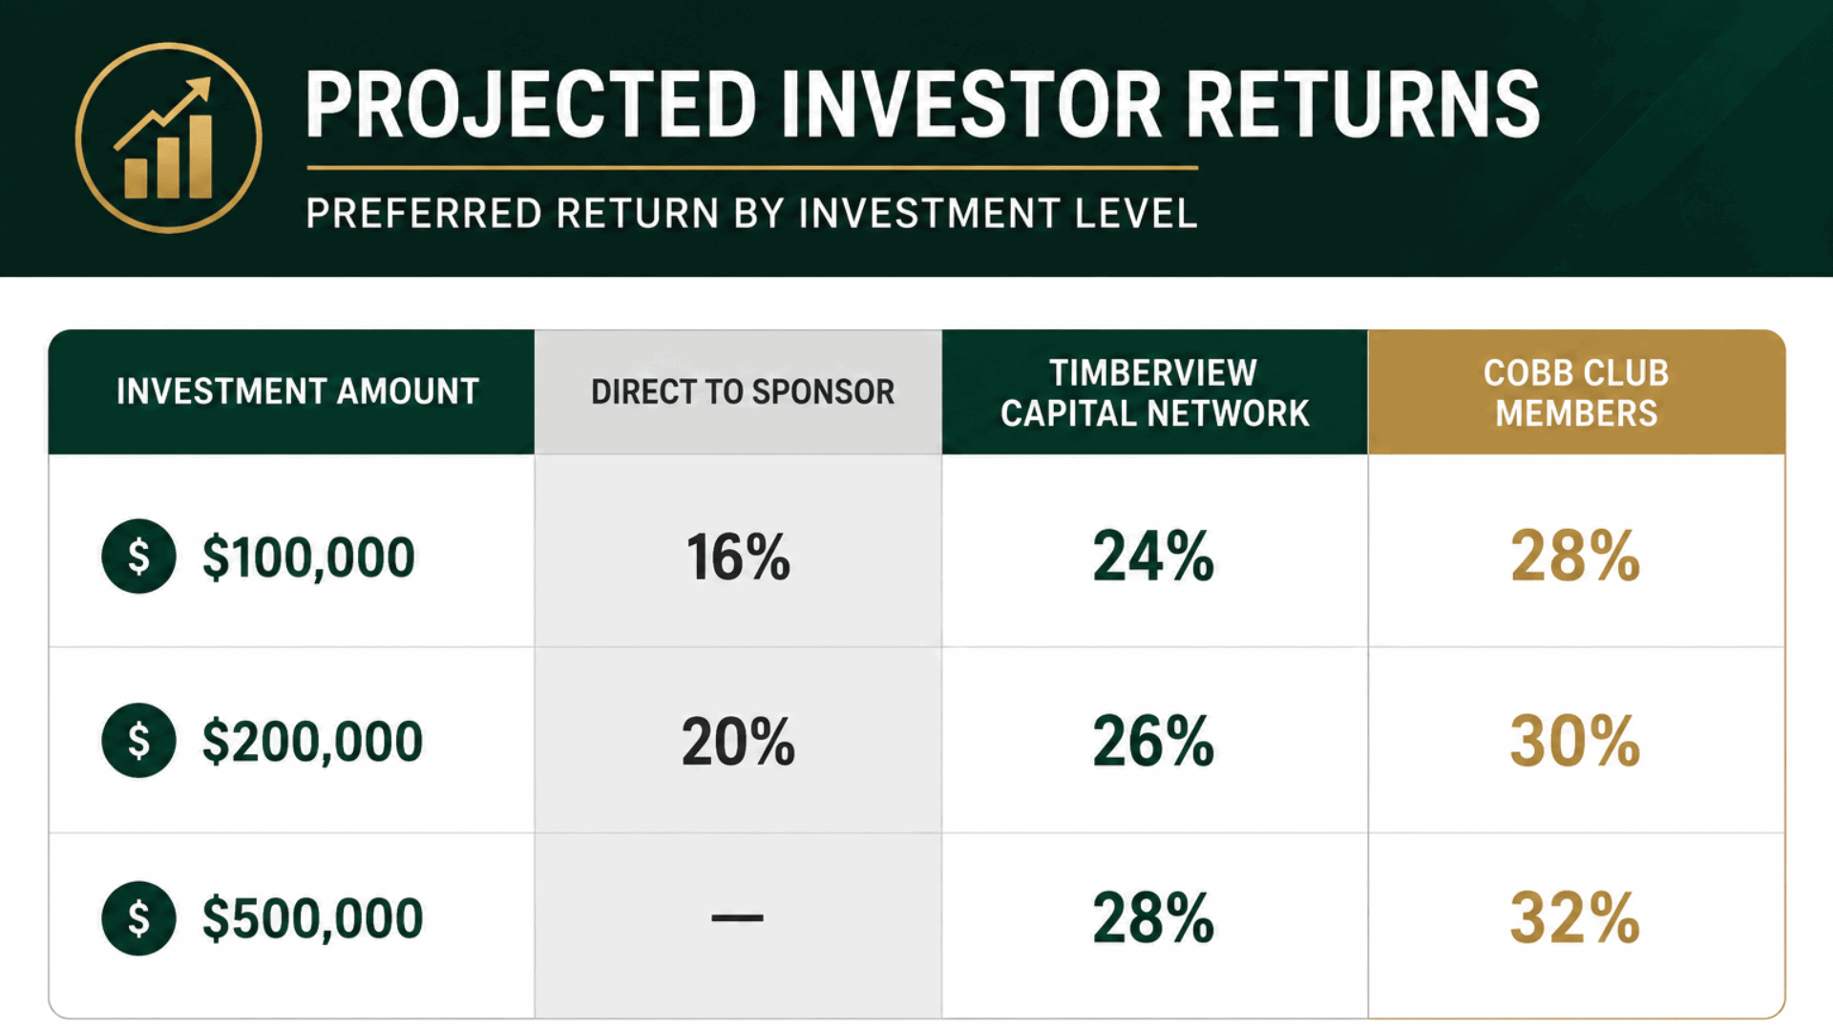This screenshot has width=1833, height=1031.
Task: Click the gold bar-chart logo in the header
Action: point(168,137)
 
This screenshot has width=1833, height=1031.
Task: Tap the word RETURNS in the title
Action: point(1363,105)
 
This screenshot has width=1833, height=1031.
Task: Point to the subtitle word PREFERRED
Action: point(424,213)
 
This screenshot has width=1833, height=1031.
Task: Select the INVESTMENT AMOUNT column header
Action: point(297,391)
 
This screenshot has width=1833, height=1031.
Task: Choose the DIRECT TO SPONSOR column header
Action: point(743,391)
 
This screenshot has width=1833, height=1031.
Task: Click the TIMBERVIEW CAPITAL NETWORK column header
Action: point(1154,392)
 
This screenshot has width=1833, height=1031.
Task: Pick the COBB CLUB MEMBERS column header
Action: point(1576,392)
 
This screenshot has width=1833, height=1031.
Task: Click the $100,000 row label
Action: point(307,558)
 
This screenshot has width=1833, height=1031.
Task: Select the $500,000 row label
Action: point(312,918)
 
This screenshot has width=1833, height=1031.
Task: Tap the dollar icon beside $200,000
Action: point(138,741)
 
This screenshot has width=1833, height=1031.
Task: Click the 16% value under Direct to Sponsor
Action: point(738,557)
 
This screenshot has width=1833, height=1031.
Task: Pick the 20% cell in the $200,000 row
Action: point(738,742)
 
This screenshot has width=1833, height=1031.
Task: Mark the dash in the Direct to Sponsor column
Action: point(737,918)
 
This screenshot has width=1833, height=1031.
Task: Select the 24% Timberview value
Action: point(1153,556)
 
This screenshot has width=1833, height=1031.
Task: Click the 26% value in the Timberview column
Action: point(1153,741)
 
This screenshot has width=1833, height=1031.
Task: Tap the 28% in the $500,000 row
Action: point(1153,918)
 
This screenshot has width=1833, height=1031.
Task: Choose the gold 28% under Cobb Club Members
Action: point(1575,556)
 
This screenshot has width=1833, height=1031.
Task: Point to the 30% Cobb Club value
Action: point(1575,741)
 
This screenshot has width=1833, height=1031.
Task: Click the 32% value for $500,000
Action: point(1575,918)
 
